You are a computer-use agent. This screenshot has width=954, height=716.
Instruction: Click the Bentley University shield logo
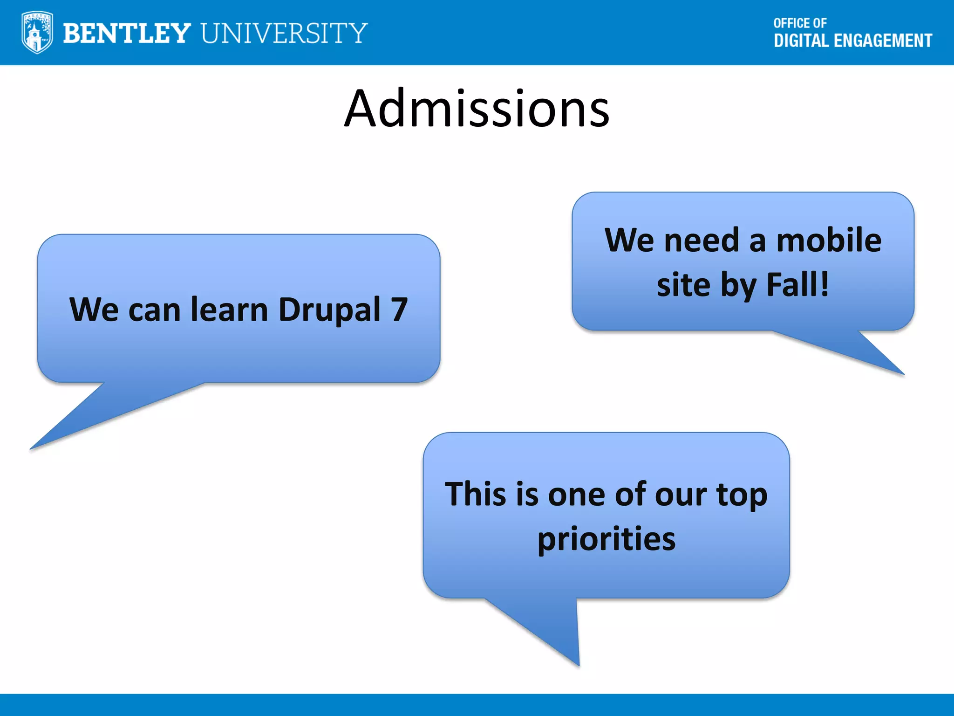[x=37, y=32]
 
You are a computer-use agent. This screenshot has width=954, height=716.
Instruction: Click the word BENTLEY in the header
[x=127, y=33]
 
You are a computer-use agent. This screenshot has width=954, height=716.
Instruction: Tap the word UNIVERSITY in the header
[x=284, y=33]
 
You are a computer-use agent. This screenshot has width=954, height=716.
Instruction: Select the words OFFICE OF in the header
[x=800, y=23]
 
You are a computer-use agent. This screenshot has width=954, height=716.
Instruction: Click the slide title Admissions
[x=477, y=109]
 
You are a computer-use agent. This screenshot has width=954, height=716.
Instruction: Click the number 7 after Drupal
[x=399, y=310]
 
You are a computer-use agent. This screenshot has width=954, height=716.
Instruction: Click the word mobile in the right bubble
[x=829, y=241]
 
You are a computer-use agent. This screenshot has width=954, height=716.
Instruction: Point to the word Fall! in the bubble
[x=797, y=285]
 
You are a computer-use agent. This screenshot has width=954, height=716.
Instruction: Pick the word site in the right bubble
[x=683, y=285]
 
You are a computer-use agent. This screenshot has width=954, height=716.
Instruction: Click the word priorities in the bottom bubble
[x=606, y=539]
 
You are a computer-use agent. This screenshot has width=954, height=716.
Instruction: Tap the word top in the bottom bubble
[x=742, y=495]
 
